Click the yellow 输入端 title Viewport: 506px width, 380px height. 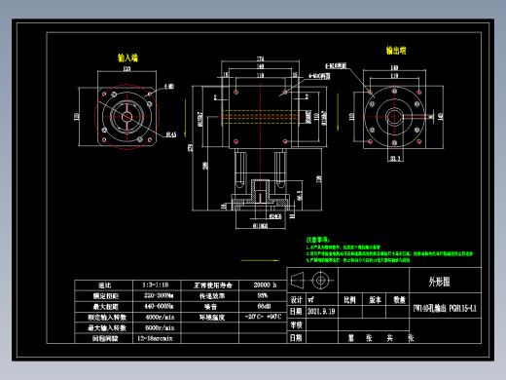127,57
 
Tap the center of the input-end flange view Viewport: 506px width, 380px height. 126,114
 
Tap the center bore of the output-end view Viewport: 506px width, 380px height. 395,114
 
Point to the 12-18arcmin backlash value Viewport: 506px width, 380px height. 157,338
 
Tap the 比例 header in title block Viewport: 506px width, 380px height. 347,300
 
